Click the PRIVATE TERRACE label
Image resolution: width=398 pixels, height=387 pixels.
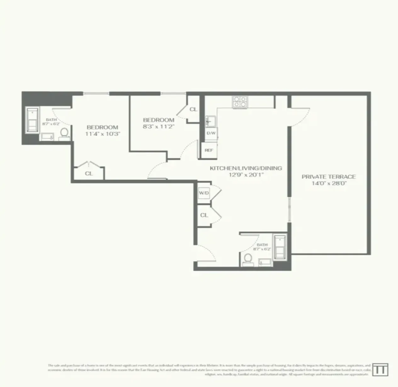pos(329,177)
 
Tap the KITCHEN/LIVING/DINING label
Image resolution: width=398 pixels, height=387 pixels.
pos(246,168)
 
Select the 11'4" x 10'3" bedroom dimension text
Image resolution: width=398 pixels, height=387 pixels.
pos(103,134)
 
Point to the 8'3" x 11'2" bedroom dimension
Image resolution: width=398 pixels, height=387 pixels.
pos(159,126)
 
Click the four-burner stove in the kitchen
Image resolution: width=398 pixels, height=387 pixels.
pos(240,102)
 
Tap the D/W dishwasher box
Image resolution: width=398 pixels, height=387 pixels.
pos(211,133)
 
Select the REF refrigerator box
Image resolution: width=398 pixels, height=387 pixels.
pos(209,150)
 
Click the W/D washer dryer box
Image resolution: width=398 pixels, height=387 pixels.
pos(204,193)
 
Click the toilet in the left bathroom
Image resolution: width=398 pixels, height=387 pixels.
pos(65,133)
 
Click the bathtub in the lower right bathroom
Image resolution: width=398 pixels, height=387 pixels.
pos(280,247)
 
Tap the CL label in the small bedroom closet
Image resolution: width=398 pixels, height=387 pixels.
pos(193,109)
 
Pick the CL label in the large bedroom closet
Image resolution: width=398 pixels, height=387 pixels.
pos(89,173)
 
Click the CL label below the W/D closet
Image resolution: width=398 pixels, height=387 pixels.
pos(204,215)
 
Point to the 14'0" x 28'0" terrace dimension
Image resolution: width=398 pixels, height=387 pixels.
pos(329,184)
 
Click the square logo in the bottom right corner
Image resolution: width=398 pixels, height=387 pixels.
pos(380,370)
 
